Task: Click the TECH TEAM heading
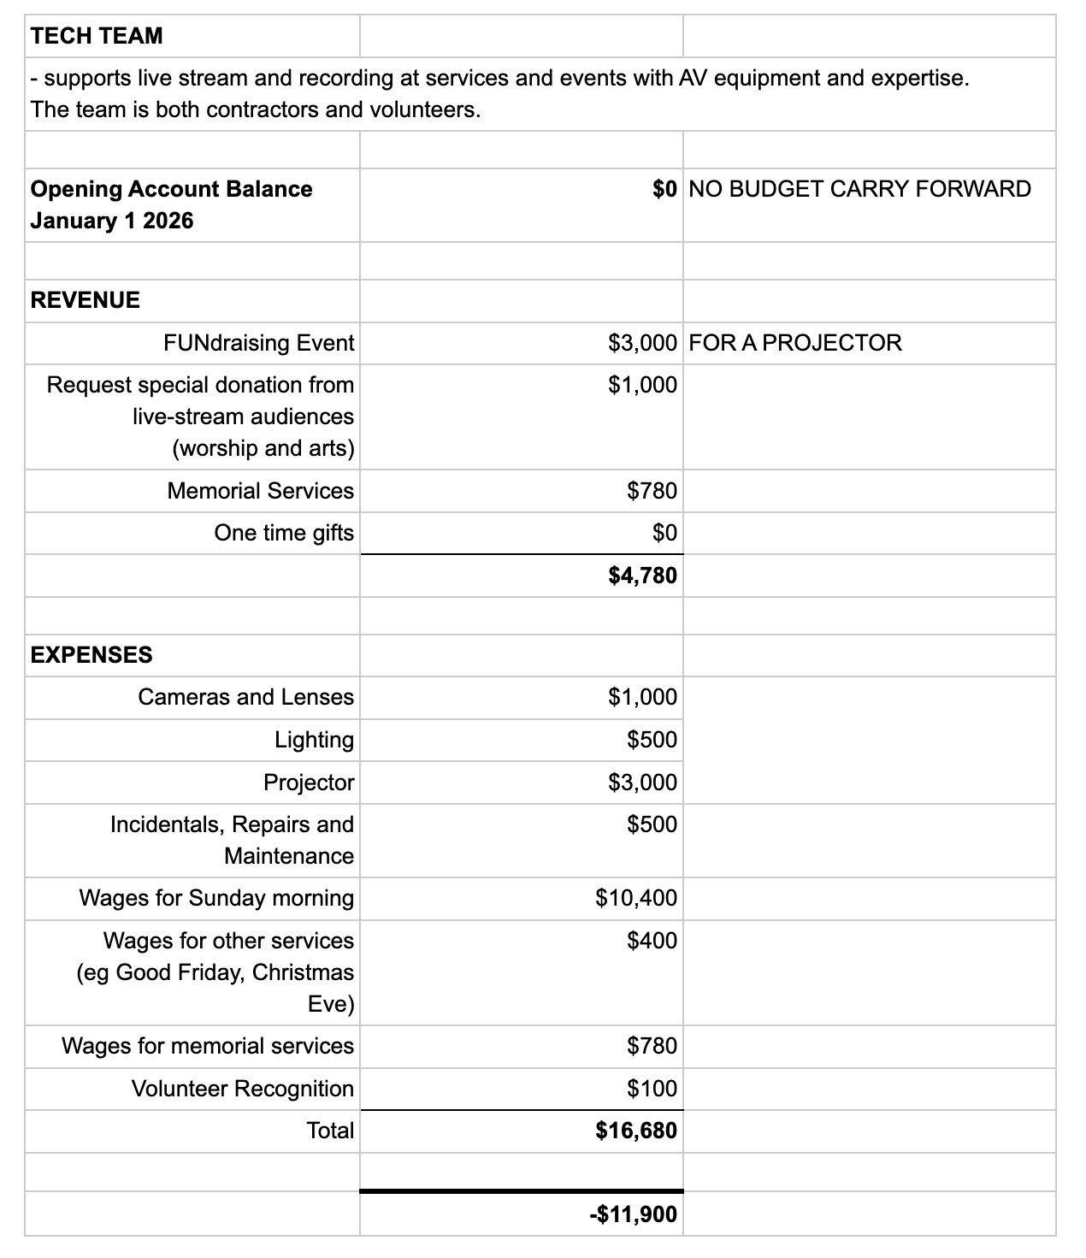[96, 36]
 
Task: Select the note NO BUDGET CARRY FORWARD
[859, 189]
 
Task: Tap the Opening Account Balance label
[171, 189]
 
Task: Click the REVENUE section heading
[85, 300]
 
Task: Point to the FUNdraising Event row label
[258, 343]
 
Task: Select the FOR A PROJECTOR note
[794, 343]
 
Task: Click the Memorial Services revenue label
[260, 491]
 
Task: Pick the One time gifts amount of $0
[664, 534]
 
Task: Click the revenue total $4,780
[642, 576]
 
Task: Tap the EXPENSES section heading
[91, 655]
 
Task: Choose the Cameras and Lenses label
[245, 697]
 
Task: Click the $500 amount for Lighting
[652, 740]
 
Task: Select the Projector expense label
[308, 783]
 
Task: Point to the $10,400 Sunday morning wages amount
[636, 898]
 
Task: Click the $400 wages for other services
[652, 941]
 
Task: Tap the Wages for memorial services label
[207, 1046]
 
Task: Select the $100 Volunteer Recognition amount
[652, 1089]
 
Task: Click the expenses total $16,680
[636, 1131]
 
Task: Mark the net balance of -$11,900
[633, 1214]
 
